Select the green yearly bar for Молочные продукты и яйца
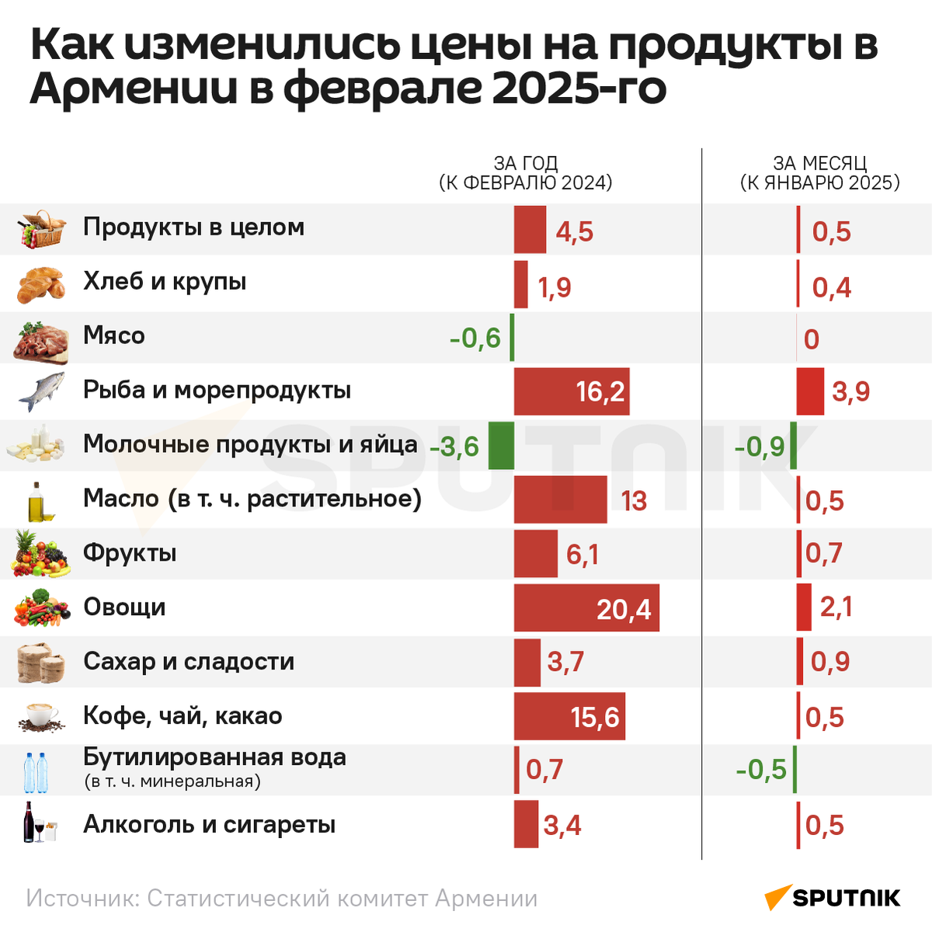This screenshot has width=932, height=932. click(501, 446)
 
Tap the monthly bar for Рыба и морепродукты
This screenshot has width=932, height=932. click(810, 391)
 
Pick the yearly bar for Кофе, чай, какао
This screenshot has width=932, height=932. click(569, 716)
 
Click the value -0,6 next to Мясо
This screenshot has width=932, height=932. click(475, 339)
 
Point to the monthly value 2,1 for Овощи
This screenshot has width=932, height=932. click(836, 607)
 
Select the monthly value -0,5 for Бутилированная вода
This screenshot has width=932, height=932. click(761, 770)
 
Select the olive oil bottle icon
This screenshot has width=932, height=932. click(40, 502)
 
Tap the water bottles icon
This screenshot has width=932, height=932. click(36, 771)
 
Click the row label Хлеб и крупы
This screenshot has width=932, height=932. click(165, 281)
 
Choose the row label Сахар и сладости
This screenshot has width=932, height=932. click(189, 662)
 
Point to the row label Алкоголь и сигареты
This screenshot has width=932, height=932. click(209, 825)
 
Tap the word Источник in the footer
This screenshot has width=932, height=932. click(82, 899)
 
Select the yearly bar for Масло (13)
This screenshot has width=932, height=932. click(560, 500)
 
